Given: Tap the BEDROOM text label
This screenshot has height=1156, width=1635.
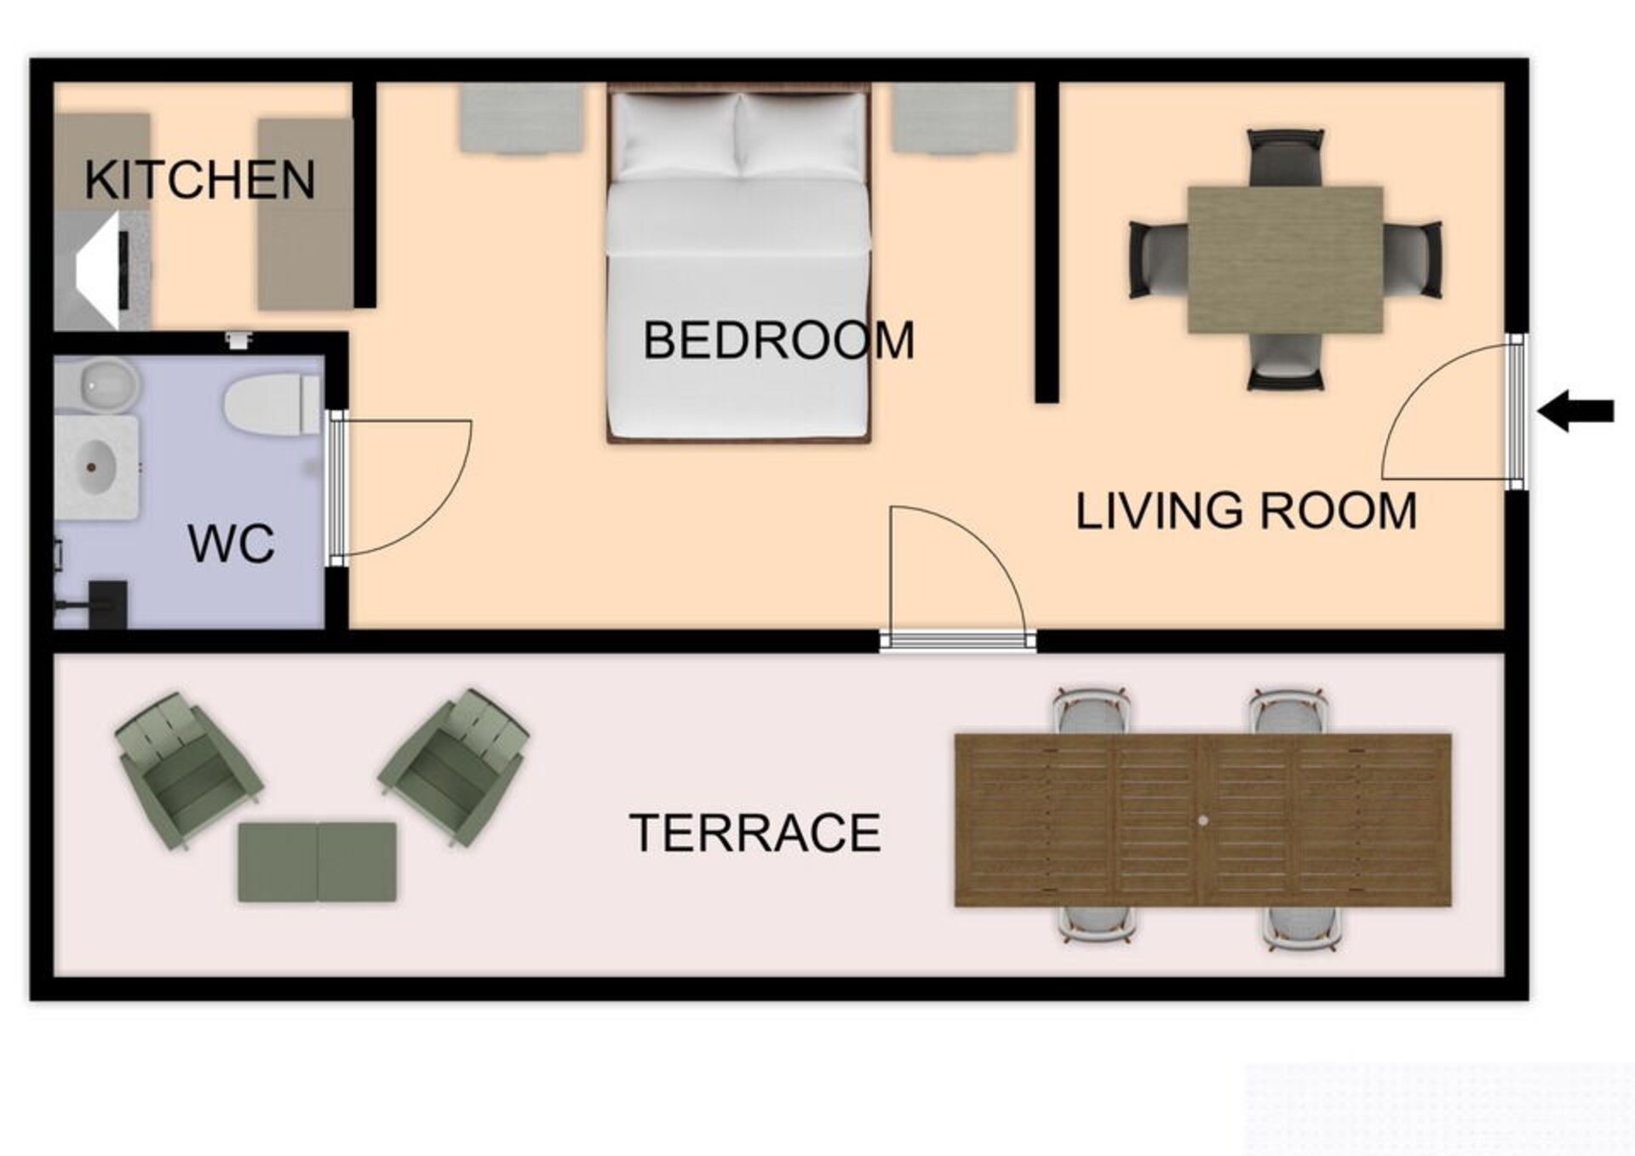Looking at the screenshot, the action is (778, 341).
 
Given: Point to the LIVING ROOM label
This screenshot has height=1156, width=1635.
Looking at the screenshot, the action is (1246, 511).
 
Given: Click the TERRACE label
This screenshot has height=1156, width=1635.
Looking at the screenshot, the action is (755, 833).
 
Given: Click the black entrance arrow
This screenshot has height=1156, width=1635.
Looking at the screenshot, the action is (1575, 411).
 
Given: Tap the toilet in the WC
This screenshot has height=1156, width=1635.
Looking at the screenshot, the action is (271, 403).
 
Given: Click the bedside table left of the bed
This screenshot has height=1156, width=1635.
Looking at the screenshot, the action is (522, 117).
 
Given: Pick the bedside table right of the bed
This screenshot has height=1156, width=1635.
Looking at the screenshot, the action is (955, 117).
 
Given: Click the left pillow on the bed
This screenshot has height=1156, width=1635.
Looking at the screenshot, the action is (676, 136).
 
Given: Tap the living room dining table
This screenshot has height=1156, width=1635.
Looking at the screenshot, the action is (1285, 260).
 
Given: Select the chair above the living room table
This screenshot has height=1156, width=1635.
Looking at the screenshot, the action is (1285, 157).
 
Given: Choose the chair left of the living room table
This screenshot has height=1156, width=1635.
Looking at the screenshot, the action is (1159, 260).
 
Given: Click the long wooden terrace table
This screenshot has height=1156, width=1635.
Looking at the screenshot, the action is (1202, 820).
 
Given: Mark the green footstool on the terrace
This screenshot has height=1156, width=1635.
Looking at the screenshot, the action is (317, 861).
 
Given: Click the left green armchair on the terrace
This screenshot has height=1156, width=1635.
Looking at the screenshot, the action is (188, 770).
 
